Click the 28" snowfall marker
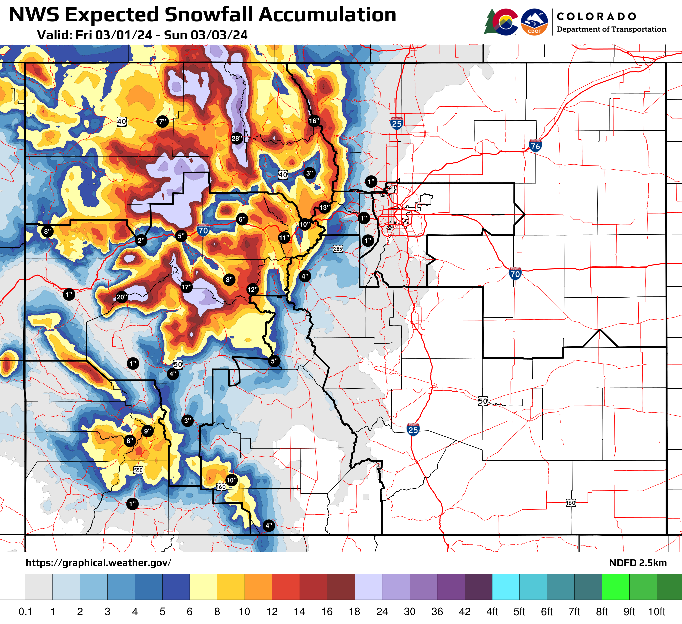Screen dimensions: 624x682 tap(237, 138)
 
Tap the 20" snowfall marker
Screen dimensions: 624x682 tap(121, 297)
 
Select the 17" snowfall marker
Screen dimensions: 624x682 tap(186, 287)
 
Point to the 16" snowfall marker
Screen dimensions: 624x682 tap(314, 121)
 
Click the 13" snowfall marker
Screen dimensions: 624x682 tap(324, 208)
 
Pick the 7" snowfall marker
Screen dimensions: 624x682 tap(163, 121)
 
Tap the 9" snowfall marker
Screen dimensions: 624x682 tap(147, 431)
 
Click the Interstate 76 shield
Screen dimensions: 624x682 tap(535, 146)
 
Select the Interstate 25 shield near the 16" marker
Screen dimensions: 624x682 tap(397, 123)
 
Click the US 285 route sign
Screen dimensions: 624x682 tap(338, 249)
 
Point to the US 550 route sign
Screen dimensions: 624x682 tap(138, 470)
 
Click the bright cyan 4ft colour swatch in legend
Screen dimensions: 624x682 tap(506, 586)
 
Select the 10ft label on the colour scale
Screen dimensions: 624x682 tap(656, 612)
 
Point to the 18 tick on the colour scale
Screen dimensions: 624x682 tap(354, 612)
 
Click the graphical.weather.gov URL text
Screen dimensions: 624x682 tap(99, 563)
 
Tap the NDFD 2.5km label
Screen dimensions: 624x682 tap(638, 563)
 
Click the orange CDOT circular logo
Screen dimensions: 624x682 tap(534, 22)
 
